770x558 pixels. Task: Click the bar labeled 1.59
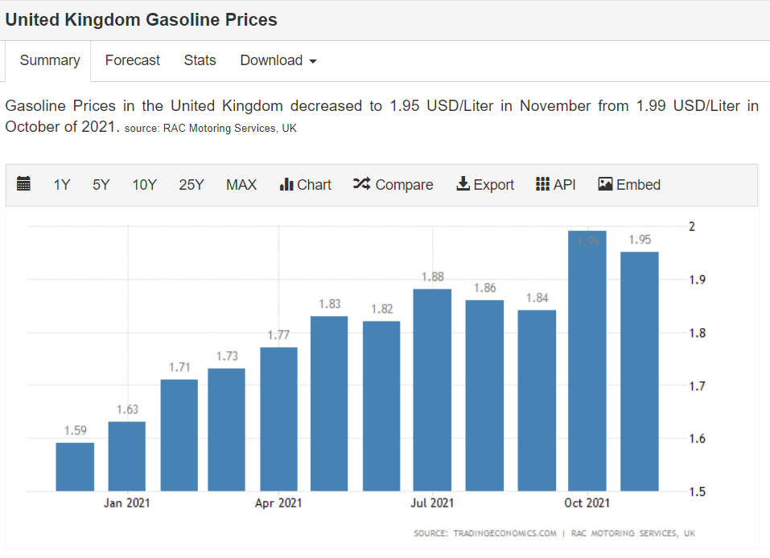(x=75, y=466)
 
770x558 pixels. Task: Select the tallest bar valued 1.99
(x=587, y=362)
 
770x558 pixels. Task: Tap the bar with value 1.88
(x=432, y=390)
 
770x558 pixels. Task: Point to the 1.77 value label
(x=278, y=335)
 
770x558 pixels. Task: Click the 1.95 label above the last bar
(x=640, y=240)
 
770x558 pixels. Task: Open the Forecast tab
(x=132, y=60)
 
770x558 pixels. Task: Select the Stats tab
(x=200, y=60)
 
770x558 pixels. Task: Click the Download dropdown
(x=278, y=60)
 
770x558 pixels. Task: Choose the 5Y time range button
(x=101, y=185)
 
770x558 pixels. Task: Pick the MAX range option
(x=241, y=185)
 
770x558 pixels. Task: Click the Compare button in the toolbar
(x=393, y=185)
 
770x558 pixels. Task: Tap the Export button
(x=485, y=185)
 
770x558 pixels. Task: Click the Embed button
(x=629, y=185)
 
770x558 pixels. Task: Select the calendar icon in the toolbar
(x=24, y=184)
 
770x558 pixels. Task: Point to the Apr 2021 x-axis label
(x=278, y=503)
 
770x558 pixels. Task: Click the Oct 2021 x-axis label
(x=587, y=503)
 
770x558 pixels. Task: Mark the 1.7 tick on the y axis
(x=697, y=386)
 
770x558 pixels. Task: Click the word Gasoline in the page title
(x=180, y=20)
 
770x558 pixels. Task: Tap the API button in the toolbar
(x=556, y=185)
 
